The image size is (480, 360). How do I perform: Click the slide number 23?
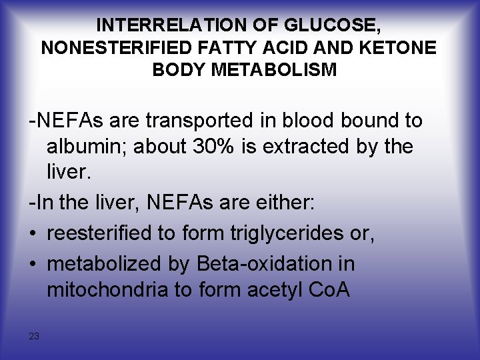[x=34, y=336]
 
